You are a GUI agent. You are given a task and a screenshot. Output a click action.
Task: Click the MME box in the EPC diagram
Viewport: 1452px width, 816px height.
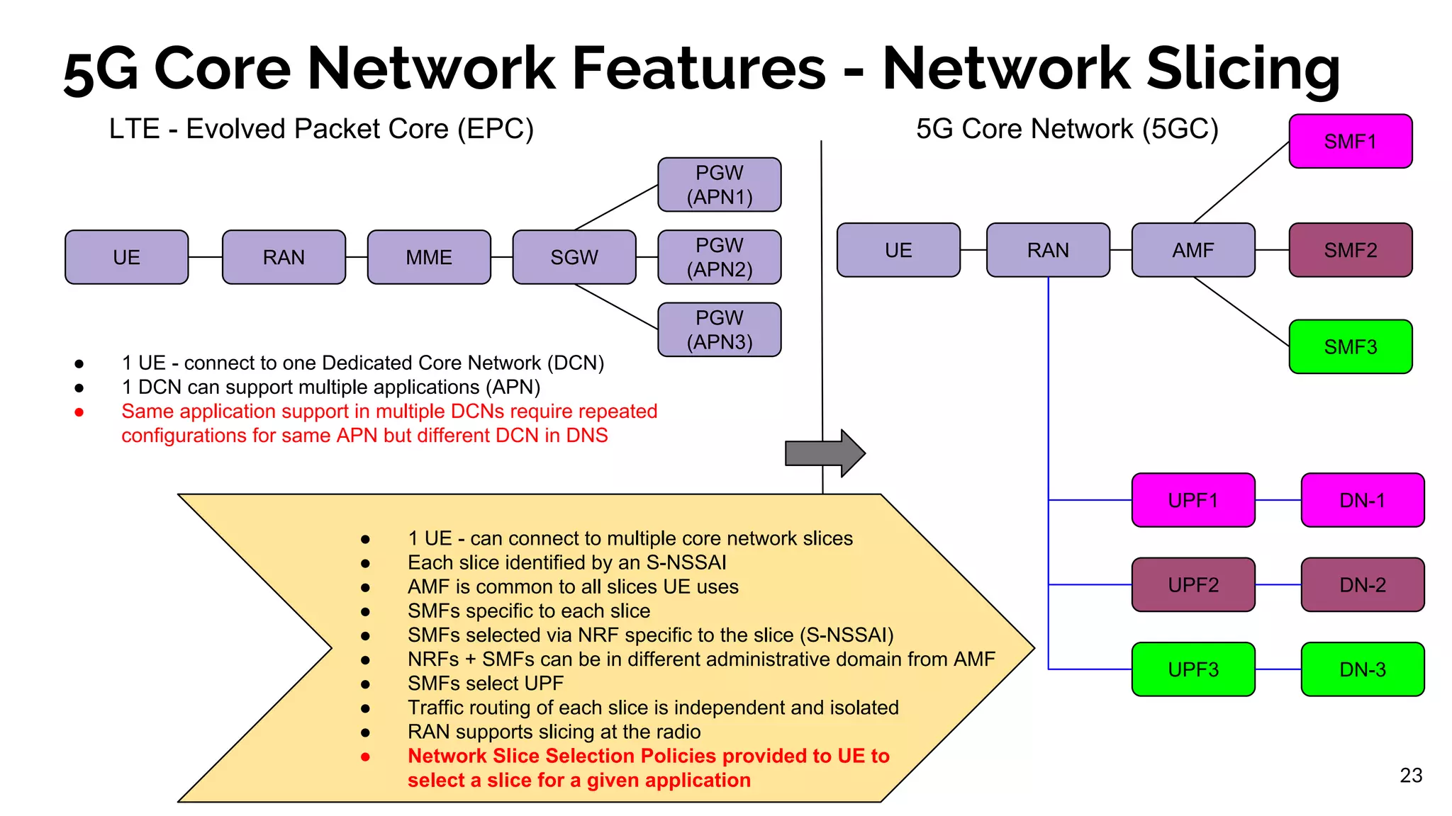click(x=429, y=257)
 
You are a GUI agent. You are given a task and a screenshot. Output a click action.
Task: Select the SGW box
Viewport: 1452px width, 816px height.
click(x=574, y=257)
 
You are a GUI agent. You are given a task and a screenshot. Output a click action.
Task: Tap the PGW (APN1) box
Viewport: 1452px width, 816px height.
click(x=719, y=185)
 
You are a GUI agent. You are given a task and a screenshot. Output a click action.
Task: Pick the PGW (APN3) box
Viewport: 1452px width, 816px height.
click(x=719, y=330)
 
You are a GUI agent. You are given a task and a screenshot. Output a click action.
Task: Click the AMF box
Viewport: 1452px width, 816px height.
click(x=1193, y=250)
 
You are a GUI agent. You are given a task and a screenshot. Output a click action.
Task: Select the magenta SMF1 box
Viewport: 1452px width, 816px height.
click(x=1350, y=142)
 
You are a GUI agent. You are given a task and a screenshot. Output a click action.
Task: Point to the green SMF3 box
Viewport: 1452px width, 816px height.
click(x=1350, y=347)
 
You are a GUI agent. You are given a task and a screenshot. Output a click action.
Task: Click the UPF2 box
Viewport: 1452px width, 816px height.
click(x=1193, y=585)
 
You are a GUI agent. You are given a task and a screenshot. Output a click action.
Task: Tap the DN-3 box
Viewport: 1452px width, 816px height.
click(x=1362, y=669)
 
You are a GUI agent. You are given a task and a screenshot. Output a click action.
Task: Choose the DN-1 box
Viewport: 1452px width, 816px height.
click(x=1362, y=500)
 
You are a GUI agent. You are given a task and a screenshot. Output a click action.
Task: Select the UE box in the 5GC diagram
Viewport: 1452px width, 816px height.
click(x=898, y=250)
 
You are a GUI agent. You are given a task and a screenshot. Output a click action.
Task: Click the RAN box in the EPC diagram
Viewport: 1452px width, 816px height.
click(x=284, y=257)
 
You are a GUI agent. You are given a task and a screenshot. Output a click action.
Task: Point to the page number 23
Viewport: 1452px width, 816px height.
click(x=1411, y=776)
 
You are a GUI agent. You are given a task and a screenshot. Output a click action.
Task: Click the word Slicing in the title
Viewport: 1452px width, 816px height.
click(x=1242, y=69)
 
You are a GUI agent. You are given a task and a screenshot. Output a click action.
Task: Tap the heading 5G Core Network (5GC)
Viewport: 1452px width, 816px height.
click(x=1067, y=129)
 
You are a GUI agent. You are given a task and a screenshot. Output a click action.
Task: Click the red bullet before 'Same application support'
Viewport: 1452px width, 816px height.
click(x=79, y=412)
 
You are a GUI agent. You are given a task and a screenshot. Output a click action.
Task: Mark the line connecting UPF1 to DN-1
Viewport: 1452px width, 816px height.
click(x=1278, y=500)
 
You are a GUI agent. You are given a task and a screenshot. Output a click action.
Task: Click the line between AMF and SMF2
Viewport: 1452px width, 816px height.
click(x=1272, y=250)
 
